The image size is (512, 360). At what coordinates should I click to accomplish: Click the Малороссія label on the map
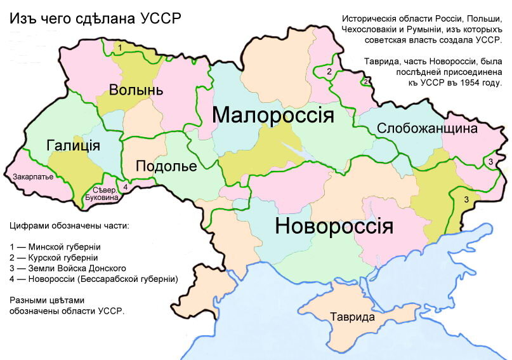point(273,116)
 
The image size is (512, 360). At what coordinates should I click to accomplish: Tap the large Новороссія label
point(334,226)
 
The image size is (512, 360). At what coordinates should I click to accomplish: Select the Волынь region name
point(136,90)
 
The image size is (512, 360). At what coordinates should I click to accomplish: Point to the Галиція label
point(74,145)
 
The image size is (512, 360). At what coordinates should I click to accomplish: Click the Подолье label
point(166,166)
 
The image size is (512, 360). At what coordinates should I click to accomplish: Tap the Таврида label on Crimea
point(352,317)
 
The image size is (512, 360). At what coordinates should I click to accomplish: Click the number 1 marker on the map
point(120,48)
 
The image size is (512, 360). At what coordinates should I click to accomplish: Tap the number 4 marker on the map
point(126,187)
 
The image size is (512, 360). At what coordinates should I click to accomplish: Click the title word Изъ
point(21,18)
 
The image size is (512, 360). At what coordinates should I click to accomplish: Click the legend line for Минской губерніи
point(55,246)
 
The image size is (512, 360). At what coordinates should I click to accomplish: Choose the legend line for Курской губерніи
point(54,257)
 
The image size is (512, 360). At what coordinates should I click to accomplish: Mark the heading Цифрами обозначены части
point(69,225)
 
